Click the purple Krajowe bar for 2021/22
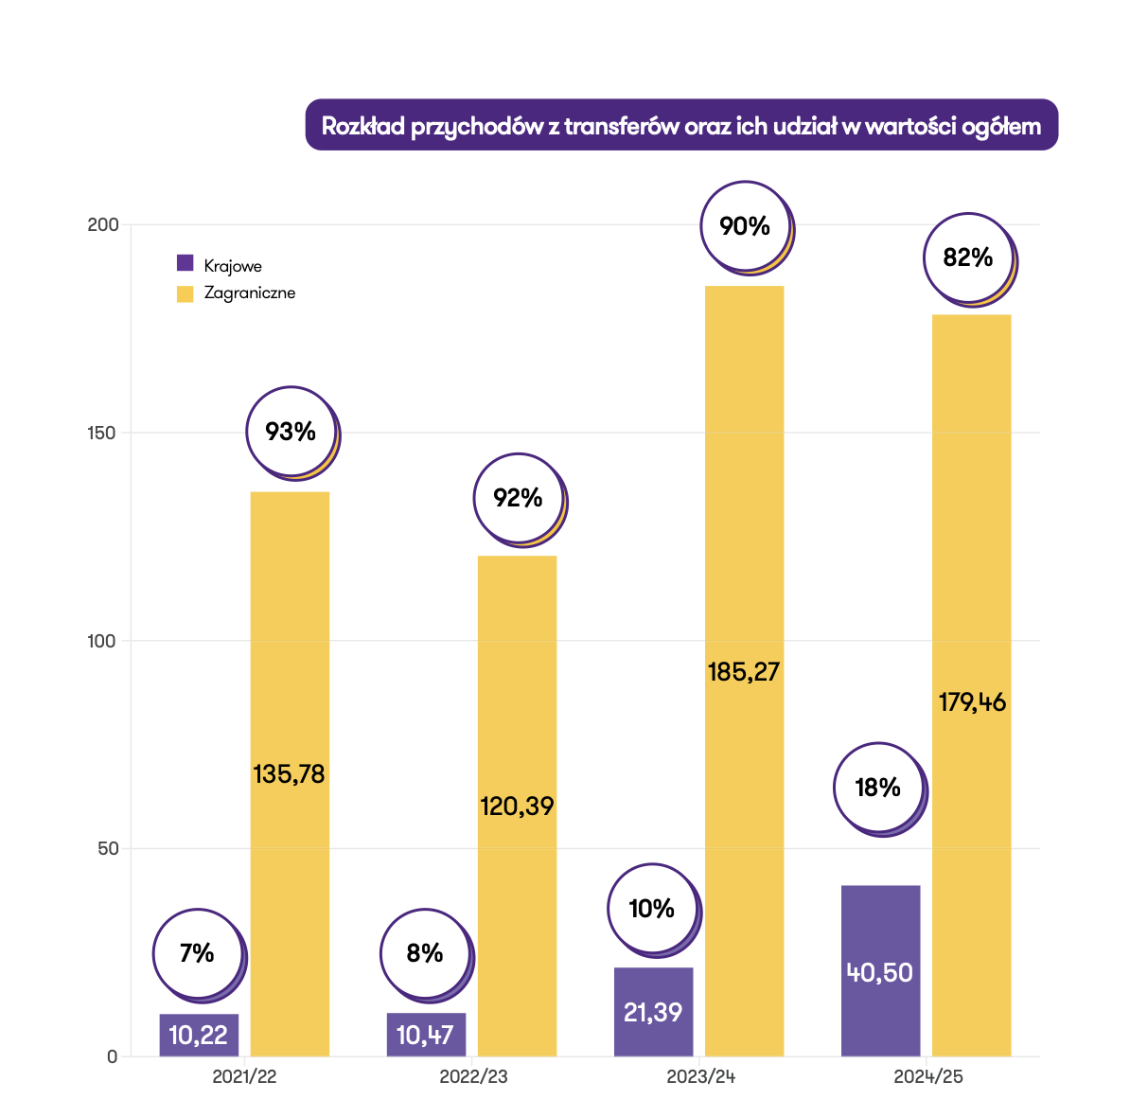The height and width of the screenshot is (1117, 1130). (x=199, y=1035)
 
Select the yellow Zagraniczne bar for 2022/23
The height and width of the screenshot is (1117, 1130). (x=517, y=719)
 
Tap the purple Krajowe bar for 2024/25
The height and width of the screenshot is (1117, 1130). (x=880, y=970)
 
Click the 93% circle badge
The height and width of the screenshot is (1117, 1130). (x=291, y=433)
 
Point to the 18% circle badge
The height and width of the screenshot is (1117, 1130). (x=878, y=788)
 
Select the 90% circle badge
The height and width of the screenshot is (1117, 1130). (x=746, y=227)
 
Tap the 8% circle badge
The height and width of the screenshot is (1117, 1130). (x=425, y=953)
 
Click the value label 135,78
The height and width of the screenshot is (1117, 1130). (x=289, y=774)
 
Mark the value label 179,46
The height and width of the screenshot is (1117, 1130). (x=972, y=702)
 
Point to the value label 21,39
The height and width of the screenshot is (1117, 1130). (x=653, y=1012)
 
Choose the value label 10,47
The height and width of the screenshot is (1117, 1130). (x=425, y=1035)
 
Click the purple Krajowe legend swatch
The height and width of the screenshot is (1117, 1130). (x=185, y=264)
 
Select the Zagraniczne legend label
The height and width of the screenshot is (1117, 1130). (x=250, y=293)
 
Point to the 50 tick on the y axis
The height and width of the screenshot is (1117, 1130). (x=108, y=848)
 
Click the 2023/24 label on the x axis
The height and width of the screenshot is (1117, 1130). (x=701, y=1077)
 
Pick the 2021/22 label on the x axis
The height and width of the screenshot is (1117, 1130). (x=244, y=1077)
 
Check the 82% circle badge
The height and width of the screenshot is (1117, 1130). (x=968, y=257)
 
